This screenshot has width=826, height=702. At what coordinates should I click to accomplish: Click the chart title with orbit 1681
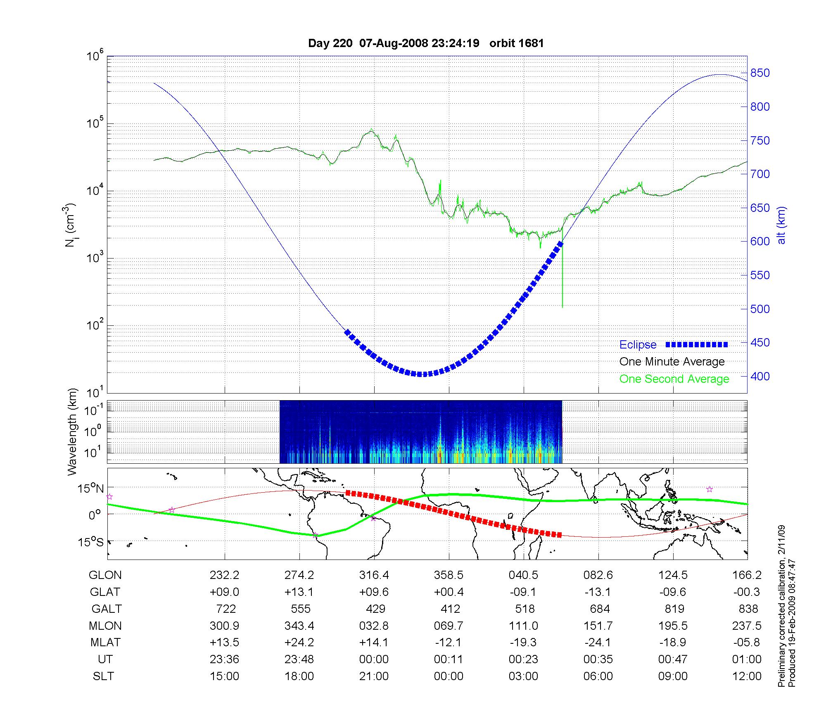[x=426, y=43]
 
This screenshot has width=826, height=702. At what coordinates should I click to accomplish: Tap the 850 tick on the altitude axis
[x=760, y=73]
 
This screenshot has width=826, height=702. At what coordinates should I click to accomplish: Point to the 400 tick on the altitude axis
[x=760, y=376]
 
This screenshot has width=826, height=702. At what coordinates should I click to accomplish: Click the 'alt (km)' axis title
[x=781, y=225]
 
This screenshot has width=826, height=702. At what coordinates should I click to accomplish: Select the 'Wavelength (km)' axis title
[x=72, y=432]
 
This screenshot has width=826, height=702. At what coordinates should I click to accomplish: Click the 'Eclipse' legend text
[x=638, y=345]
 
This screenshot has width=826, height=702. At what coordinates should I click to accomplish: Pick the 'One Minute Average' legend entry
[x=672, y=362]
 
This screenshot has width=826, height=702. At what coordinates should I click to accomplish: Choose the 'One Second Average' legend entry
[x=674, y=379]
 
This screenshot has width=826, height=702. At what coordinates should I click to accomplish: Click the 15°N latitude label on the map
[x=91, y=489]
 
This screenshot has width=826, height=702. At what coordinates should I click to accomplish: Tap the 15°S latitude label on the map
[x=91, y=542]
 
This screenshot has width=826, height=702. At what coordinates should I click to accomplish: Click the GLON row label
[x=105, y=575]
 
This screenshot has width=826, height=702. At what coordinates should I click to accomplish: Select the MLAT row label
[x=105, y=643]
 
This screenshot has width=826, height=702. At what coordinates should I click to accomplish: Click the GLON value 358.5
[x=449, y=575]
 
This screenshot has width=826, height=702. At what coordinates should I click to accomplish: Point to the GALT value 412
[x=450, y=609]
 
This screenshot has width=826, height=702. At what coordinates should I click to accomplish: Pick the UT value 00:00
[x=374, y=659]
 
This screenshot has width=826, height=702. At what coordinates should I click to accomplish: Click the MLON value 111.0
[x=523, y=626]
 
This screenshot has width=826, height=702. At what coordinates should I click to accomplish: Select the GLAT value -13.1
[x=598, y=592]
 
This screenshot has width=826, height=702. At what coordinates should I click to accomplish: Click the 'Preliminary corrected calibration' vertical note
[x=781, y=607]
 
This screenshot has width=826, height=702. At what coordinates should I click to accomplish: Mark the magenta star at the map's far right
[x=710, y=489]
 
